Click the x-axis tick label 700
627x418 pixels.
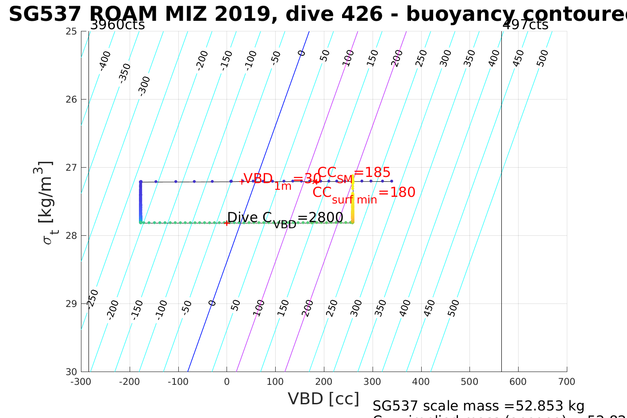566,382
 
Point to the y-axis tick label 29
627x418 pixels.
71,303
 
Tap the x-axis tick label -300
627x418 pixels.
81,382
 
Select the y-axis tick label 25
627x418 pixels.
71,31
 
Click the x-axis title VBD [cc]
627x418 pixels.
323,399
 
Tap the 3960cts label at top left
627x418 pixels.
117,25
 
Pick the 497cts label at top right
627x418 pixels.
525,25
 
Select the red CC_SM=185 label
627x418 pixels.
354,173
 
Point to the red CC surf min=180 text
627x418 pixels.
364,194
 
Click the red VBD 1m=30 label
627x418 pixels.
282,180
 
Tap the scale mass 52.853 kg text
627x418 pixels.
478,406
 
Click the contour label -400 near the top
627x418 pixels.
105,61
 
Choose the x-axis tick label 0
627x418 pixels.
227,382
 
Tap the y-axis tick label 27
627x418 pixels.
71,168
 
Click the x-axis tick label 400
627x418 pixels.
421,382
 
